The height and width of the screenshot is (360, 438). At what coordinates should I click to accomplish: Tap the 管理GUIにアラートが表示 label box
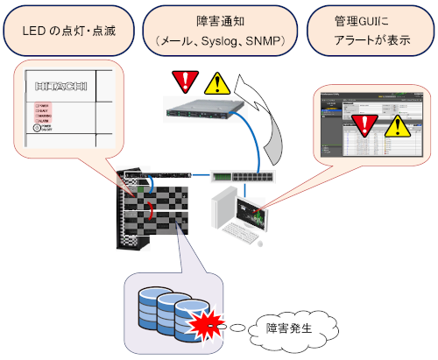(x=367, y=32)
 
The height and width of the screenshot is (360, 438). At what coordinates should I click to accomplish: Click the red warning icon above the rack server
(x=184, y=83)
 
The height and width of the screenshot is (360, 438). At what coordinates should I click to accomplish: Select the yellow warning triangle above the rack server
(x=215, y=84)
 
